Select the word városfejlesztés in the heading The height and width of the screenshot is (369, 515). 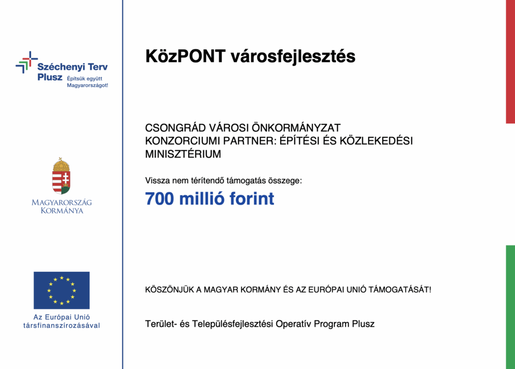pos(293,56)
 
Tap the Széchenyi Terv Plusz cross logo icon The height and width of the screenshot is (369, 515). pos(26,62)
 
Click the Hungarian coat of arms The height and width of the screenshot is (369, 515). pos(61,176)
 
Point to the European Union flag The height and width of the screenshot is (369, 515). pos(61,290)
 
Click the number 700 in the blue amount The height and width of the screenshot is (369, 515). pos(159,199)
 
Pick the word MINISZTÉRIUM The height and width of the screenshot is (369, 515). pos(183,155)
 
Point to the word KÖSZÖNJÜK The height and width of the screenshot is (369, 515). pos(168,290)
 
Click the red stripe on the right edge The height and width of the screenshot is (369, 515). pos(510,60)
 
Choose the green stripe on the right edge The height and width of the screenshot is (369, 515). pos(510,307)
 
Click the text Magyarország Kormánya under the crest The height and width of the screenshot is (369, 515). pos(61,206)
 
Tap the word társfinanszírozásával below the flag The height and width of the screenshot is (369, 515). pos(61,325)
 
